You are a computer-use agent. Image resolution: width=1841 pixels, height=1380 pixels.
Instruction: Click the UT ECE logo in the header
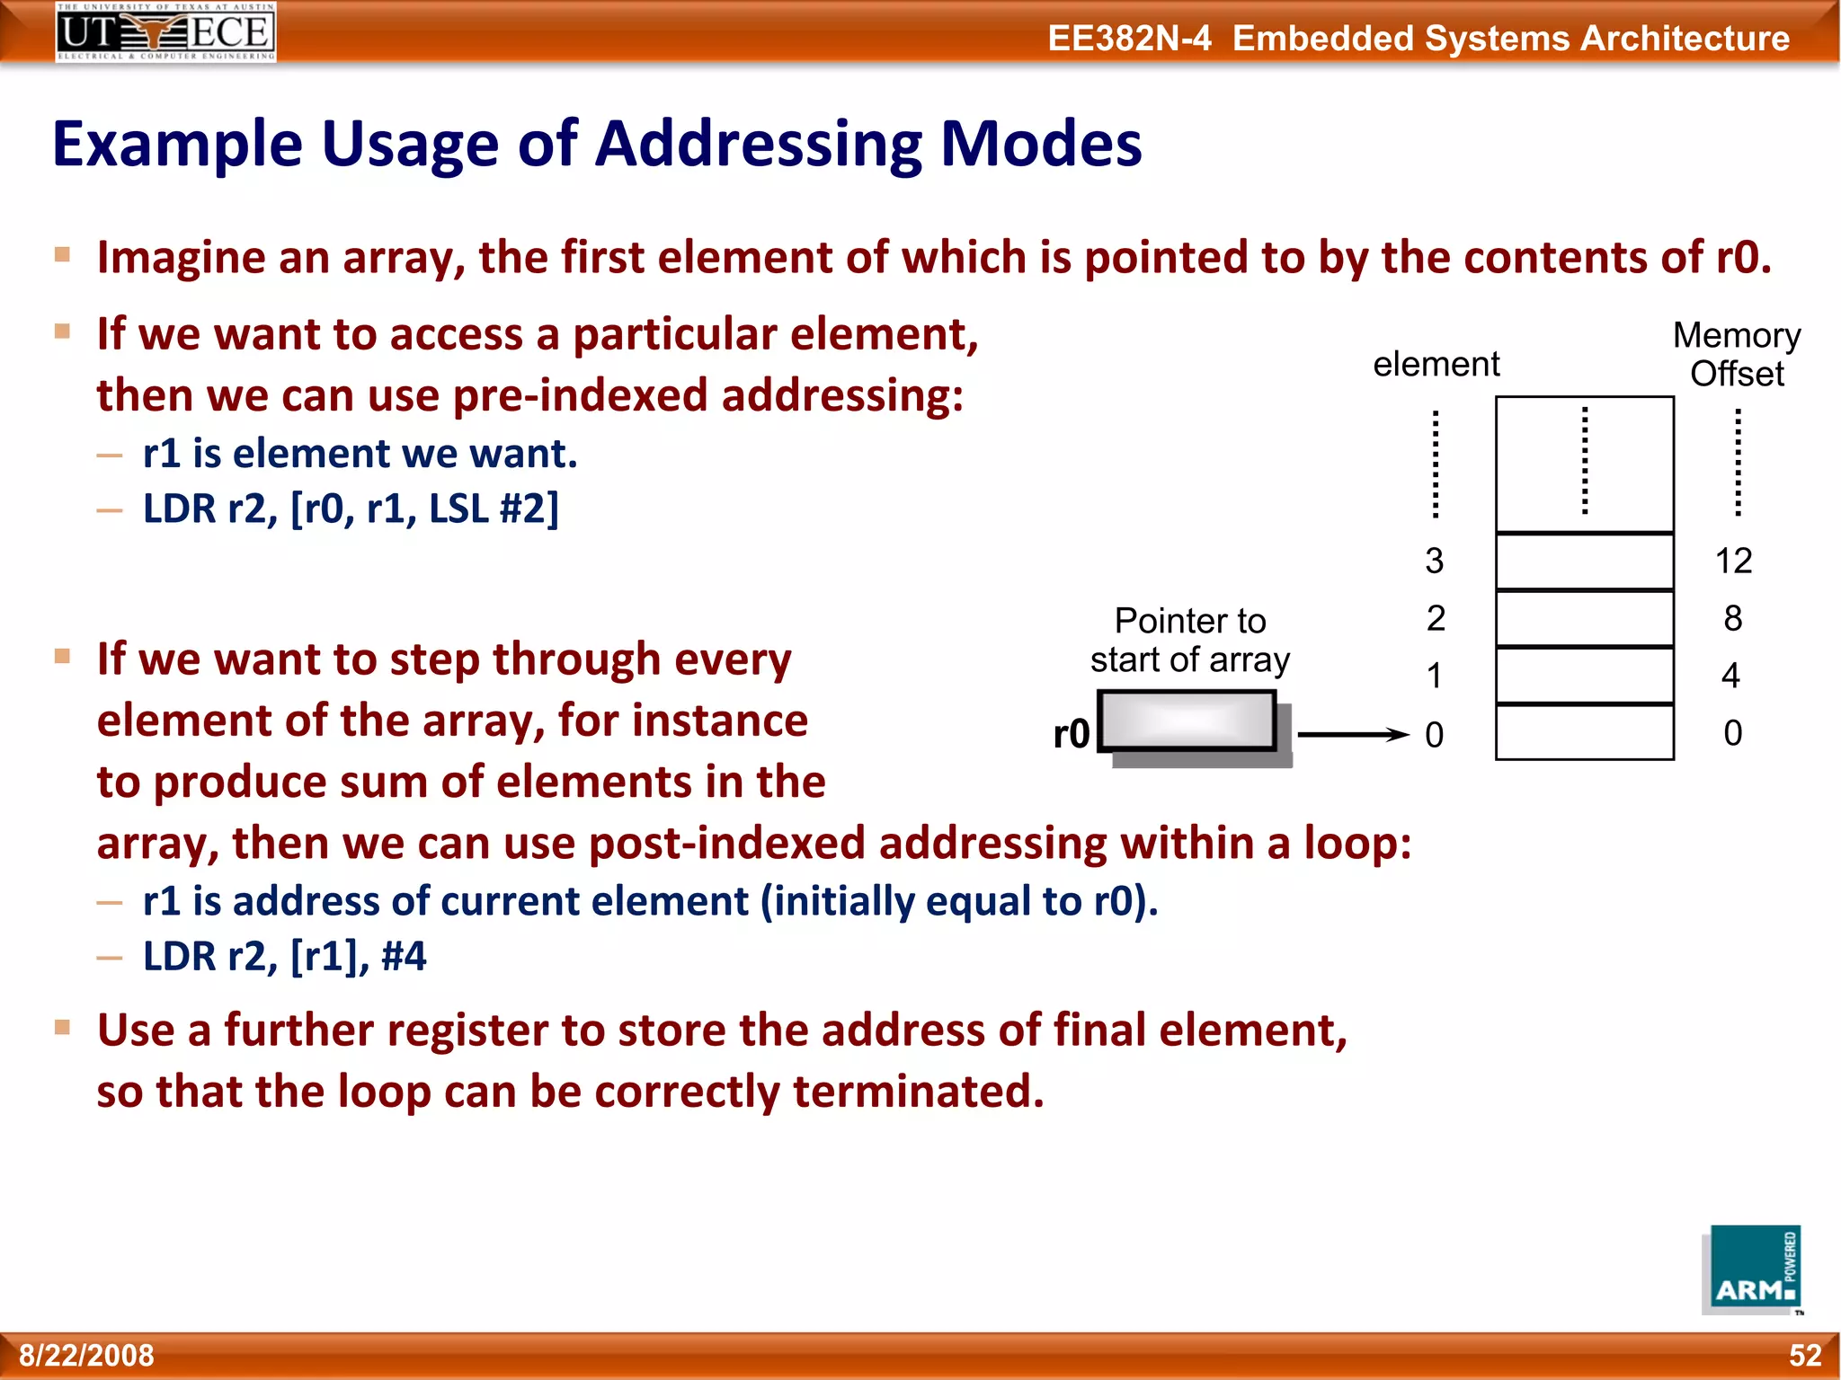[x=165, y=31]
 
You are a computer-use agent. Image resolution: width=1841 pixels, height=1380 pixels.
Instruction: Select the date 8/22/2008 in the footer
[x=87, y=1355]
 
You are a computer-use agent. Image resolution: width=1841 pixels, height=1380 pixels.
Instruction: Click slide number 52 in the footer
[x=1804, y=1355]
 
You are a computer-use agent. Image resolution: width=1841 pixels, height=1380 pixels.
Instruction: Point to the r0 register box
[x=1187, y=721]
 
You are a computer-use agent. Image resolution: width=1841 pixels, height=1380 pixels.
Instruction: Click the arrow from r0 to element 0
[x=1353, y=734]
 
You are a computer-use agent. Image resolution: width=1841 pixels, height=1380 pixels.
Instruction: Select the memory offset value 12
[x=1733, y=562]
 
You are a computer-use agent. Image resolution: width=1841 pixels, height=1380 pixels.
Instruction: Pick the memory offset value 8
[x=1733, y=619]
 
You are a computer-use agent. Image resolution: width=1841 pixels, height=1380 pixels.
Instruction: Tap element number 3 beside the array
[x=1435, y=562]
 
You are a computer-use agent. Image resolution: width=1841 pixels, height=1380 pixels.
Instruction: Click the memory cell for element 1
[x=1584, y=676]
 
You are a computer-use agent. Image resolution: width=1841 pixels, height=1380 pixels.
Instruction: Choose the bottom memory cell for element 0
[x=1584, y=733]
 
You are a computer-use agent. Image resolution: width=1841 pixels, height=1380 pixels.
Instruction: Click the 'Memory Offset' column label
[x=1737, y=354]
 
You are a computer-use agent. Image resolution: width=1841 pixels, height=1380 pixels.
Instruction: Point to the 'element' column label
[x=1436, y=365]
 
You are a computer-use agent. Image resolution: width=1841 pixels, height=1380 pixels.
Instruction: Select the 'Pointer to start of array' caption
[x=1189, y=641]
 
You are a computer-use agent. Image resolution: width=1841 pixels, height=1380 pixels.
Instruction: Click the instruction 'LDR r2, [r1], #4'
[x=284, y=956]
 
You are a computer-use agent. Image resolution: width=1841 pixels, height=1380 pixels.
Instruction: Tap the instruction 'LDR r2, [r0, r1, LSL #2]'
[x=351, y=509]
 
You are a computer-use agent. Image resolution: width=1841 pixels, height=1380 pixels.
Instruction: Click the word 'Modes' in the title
[x=1041, y=144]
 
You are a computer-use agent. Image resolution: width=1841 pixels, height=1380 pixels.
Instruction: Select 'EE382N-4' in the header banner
[x=1129, y=39]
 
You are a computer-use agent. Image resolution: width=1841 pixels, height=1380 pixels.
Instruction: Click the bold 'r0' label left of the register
[x=1072, y=734]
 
